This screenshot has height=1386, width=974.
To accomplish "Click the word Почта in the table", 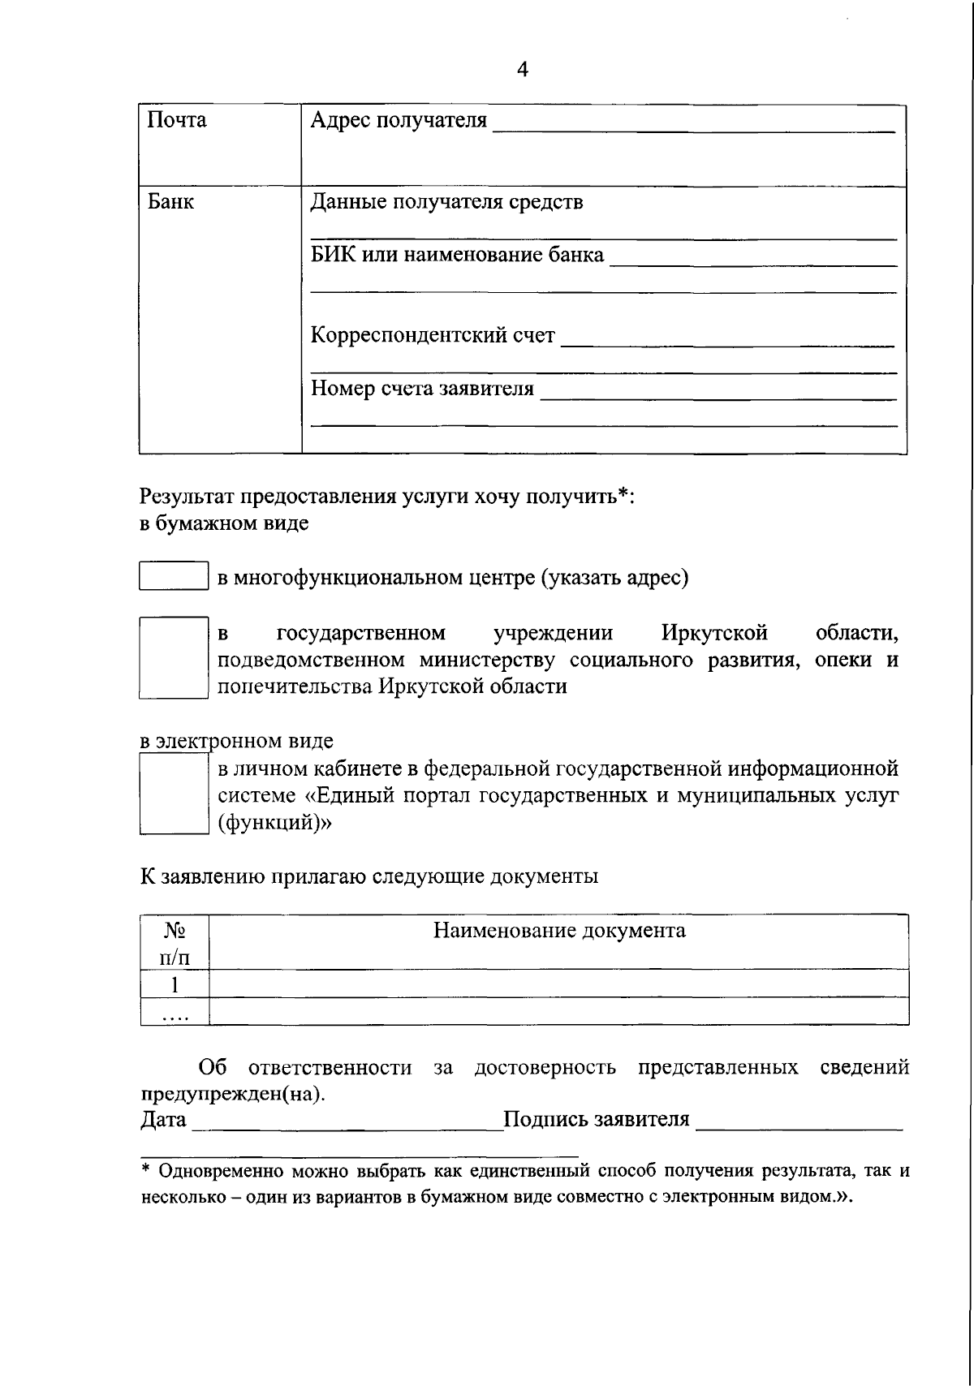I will pyautogui.click(x=176, y=120).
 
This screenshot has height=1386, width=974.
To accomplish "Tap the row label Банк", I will pyautogui.click(x=170, y=201).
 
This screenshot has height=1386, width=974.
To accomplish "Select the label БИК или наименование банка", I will pyautogui.click(x=457, y=255).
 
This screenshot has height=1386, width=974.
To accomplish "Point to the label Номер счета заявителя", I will pyautogui.click(x=422, y=389).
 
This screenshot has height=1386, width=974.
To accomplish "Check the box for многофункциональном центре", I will pyautogui.click(x=174, y=576).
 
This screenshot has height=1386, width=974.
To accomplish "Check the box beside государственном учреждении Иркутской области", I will pyautogui.click(x=174, y=657).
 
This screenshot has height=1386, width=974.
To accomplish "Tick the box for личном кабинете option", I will pyautogui.click(x=174, y=794).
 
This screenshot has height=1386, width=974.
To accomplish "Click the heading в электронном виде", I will pyautogui.click(x=236, y=741).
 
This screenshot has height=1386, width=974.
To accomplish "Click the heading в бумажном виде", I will pyautogui.click(x=224, y=523).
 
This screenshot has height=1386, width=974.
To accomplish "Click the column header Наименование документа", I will pyautogui.click(x=558, y=930).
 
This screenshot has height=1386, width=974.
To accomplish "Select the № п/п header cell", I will pyautogui.click(x=175, y=943).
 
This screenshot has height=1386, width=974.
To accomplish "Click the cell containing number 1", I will pyautogui.click(x=175, y=984).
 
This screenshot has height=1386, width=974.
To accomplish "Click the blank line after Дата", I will pyautogui.click(x=347, y=1126).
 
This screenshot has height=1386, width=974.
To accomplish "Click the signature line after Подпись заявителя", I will pyautogui.click(x=799, y=1126).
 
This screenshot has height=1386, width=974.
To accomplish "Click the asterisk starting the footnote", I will pyautogui.click(x=146, y=1169).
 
